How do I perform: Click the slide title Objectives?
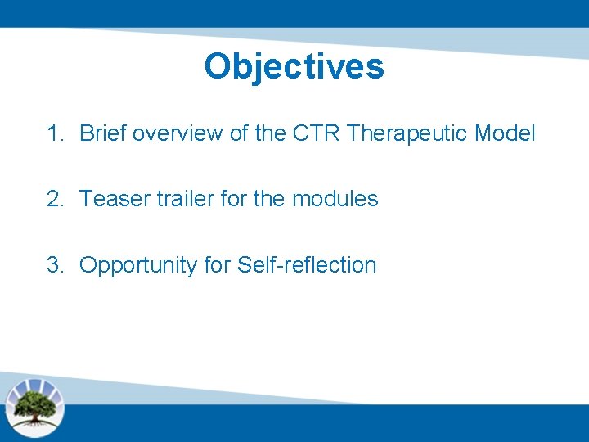click(294, 66)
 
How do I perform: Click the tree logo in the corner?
click(34, 407)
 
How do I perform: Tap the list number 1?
click(55, 133)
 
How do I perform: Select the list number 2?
click(55, 199)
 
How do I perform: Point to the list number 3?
click(55, 265)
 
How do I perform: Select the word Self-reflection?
click(307, 265)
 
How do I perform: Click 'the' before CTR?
click(270, 133)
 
